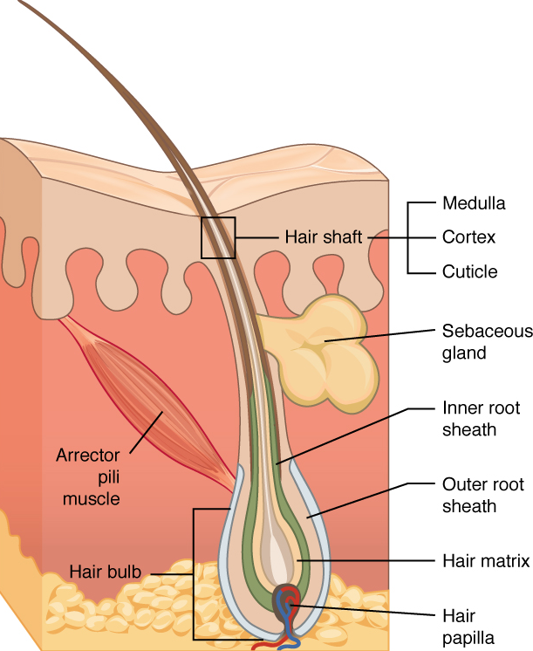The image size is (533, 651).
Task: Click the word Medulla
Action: click(x=474, y=204)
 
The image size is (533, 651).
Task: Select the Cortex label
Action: click(x=469, y=237)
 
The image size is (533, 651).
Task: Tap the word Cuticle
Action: click(x=469, y=271)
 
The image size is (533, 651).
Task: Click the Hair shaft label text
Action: click(x=323, y=237)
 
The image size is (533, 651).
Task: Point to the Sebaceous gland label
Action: click(x=482, y=342)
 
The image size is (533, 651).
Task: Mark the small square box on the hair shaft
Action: click(x=218, y=237)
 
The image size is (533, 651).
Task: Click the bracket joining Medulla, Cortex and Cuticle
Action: click(x=408, y=237)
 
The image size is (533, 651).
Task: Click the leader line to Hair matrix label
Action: click(x=366, y=559)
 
